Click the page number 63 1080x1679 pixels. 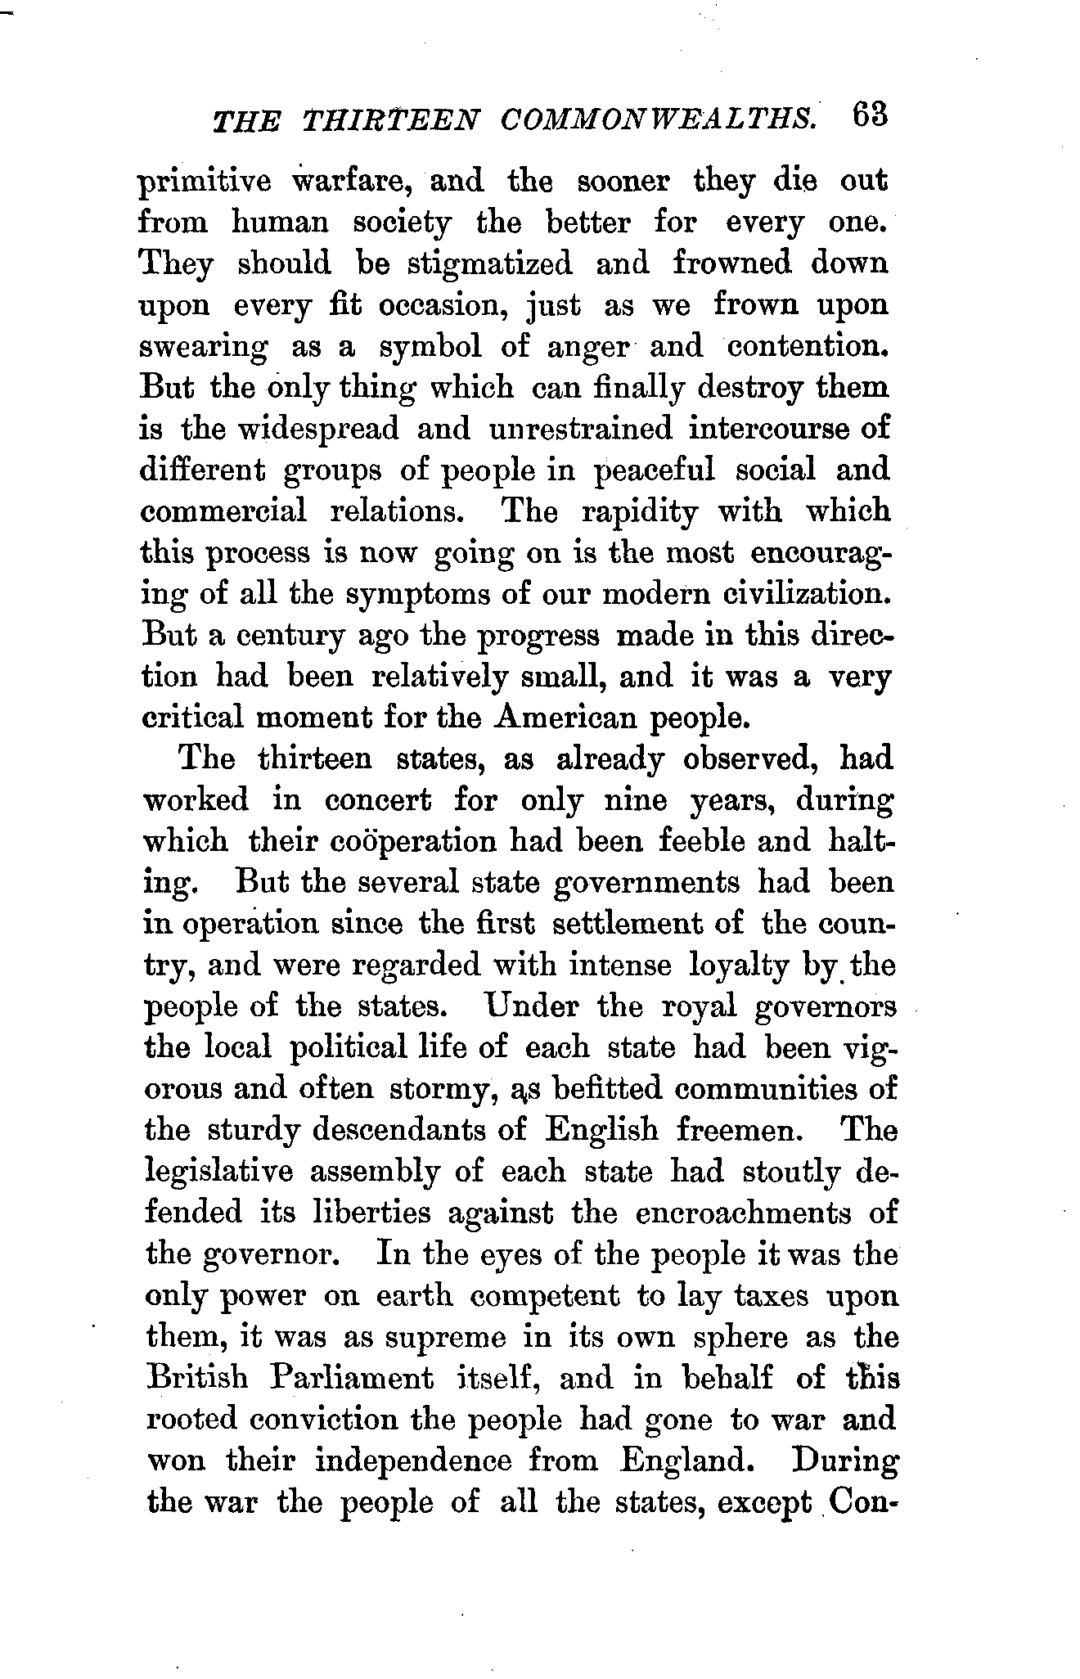pyautogui.click(x=869, y=116)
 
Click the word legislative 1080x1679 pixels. pyautogui.click(x=218, y=1172)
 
